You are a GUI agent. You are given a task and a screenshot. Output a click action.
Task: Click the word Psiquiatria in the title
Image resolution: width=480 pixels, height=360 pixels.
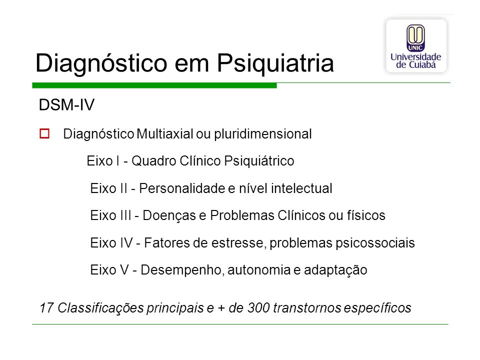[275, 63]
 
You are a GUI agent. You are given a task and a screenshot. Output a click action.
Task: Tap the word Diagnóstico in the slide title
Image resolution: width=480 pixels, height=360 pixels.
[101, 63]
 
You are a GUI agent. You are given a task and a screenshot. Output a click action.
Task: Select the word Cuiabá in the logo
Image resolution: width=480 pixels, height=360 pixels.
[422, 64]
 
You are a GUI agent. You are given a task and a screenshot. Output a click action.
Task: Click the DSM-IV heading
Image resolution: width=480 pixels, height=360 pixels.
[66, 105]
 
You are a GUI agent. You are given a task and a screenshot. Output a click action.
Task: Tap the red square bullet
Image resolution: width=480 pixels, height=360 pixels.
[44, 134]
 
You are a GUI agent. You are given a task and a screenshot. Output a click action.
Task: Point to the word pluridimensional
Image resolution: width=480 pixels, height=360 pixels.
[262, 134]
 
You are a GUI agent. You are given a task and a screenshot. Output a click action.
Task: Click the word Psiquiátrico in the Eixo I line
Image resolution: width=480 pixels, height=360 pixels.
[259, 161]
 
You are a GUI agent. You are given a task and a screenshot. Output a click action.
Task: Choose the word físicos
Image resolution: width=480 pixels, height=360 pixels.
[366, 215]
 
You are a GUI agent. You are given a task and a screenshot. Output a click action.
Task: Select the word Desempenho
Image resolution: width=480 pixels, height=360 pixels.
[181, 270]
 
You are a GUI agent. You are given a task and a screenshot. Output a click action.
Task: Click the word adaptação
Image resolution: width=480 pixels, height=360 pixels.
[335, 270]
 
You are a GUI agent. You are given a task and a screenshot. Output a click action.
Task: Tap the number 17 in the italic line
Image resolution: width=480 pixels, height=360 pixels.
[46, 308]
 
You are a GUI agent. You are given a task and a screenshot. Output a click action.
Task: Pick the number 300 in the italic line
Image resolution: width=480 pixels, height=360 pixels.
[258, 308]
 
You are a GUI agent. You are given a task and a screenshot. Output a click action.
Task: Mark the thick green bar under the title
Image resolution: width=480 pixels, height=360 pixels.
[154, 85]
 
